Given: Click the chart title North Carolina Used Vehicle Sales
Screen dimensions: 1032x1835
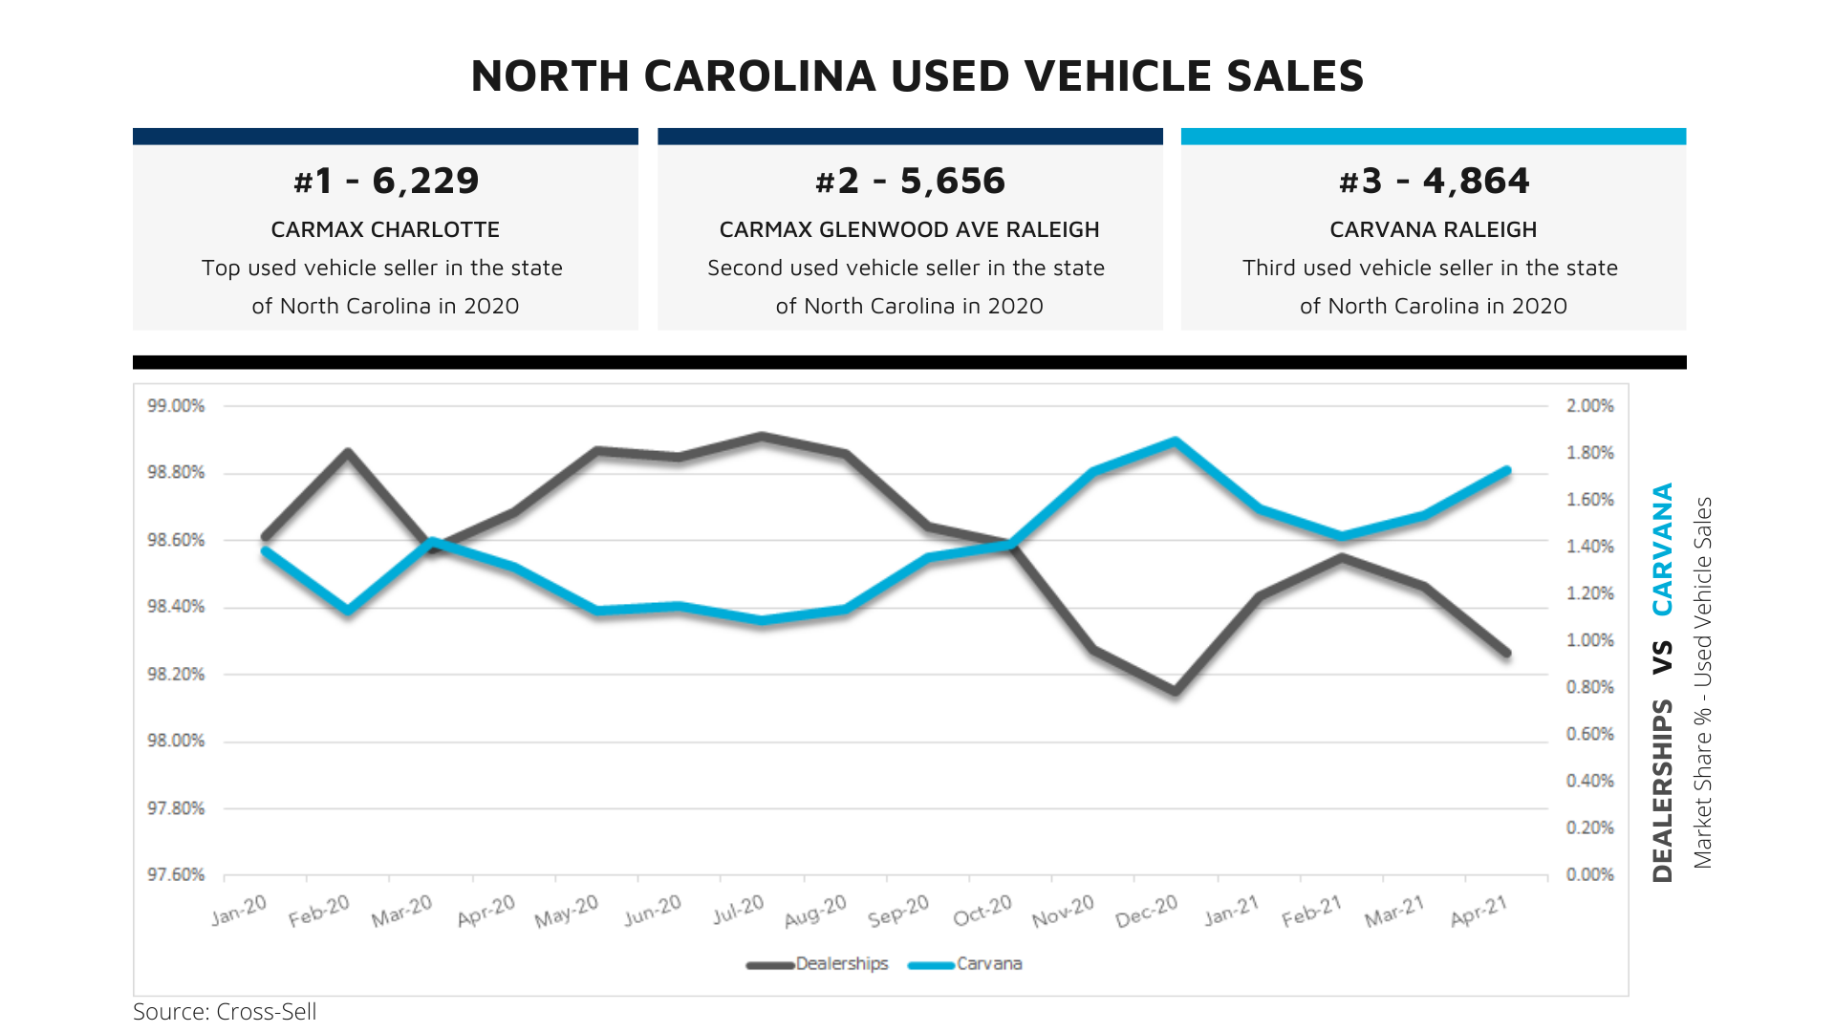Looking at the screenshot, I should [917, 76].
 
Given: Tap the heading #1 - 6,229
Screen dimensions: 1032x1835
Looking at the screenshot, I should [385, 181].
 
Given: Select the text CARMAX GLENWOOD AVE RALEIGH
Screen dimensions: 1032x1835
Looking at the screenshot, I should [909, 229].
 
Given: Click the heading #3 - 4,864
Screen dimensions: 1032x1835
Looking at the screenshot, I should [1433, 181].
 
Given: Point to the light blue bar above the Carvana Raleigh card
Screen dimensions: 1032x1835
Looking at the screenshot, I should [1433, 137].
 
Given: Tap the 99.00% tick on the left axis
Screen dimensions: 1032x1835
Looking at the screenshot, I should [176, 406].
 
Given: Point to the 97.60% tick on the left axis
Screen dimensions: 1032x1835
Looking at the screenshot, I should [176, 875].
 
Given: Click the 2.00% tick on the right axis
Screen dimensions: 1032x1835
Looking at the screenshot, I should [1589, 406].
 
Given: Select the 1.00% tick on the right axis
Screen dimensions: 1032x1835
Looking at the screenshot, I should [1589, 640].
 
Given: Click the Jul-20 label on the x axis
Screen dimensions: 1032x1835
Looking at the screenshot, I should [739, 909].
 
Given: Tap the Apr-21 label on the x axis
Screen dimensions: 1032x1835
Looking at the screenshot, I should [1479, 910].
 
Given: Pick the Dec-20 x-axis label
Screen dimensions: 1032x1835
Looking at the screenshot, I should [1146, 911].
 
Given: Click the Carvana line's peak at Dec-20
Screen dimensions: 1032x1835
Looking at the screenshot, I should [1176, 441].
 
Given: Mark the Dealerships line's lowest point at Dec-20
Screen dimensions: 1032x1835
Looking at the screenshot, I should [1176, 691].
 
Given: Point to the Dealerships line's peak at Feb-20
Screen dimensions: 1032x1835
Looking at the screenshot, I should [349, 452].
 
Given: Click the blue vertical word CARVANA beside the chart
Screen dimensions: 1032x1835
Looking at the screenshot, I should [1663, 549].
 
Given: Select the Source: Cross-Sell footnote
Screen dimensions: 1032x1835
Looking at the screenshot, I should [225, 1012].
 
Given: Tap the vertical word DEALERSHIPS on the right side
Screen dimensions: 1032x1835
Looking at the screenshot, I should [1663, 790].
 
